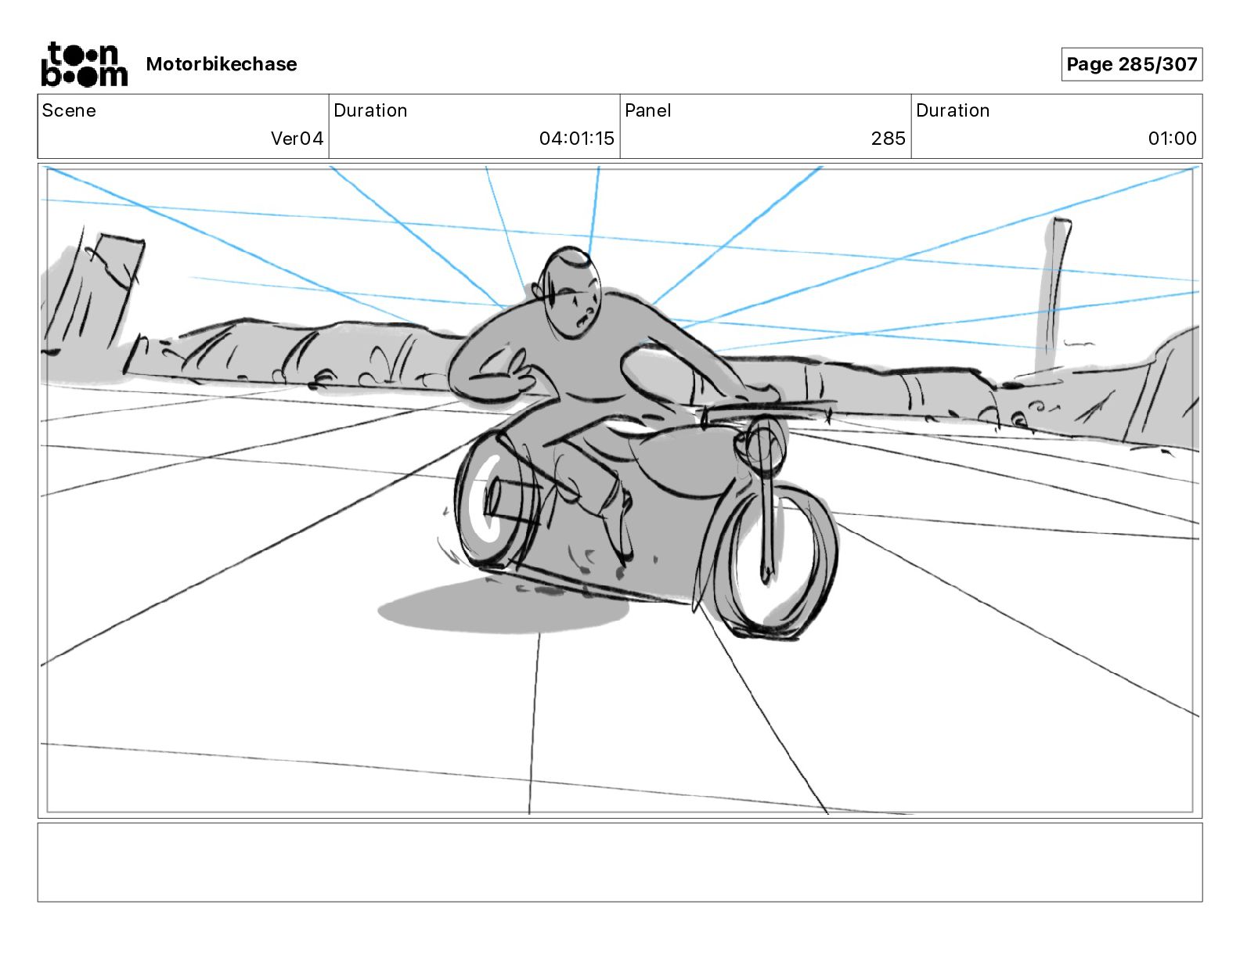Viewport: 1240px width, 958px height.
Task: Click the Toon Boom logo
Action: click(x=84, y=64)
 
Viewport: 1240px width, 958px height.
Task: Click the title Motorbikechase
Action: click(x=222, y=64)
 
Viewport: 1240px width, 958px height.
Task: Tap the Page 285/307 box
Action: click(x=1131, y=64)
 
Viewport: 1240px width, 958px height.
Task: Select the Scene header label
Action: click(x=69, y=110)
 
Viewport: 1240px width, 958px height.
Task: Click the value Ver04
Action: click(x=297, y=139)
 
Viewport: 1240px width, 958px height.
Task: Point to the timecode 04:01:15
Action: click(x=576, y=139)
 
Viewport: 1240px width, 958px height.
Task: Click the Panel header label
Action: click(x=647, y=110)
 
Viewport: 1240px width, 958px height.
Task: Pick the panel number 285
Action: click(x=888, y=139)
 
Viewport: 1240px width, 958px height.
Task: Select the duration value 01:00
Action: click(x=1172, y=139)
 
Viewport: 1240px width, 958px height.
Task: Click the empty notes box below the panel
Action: click(x=619, y=862)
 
